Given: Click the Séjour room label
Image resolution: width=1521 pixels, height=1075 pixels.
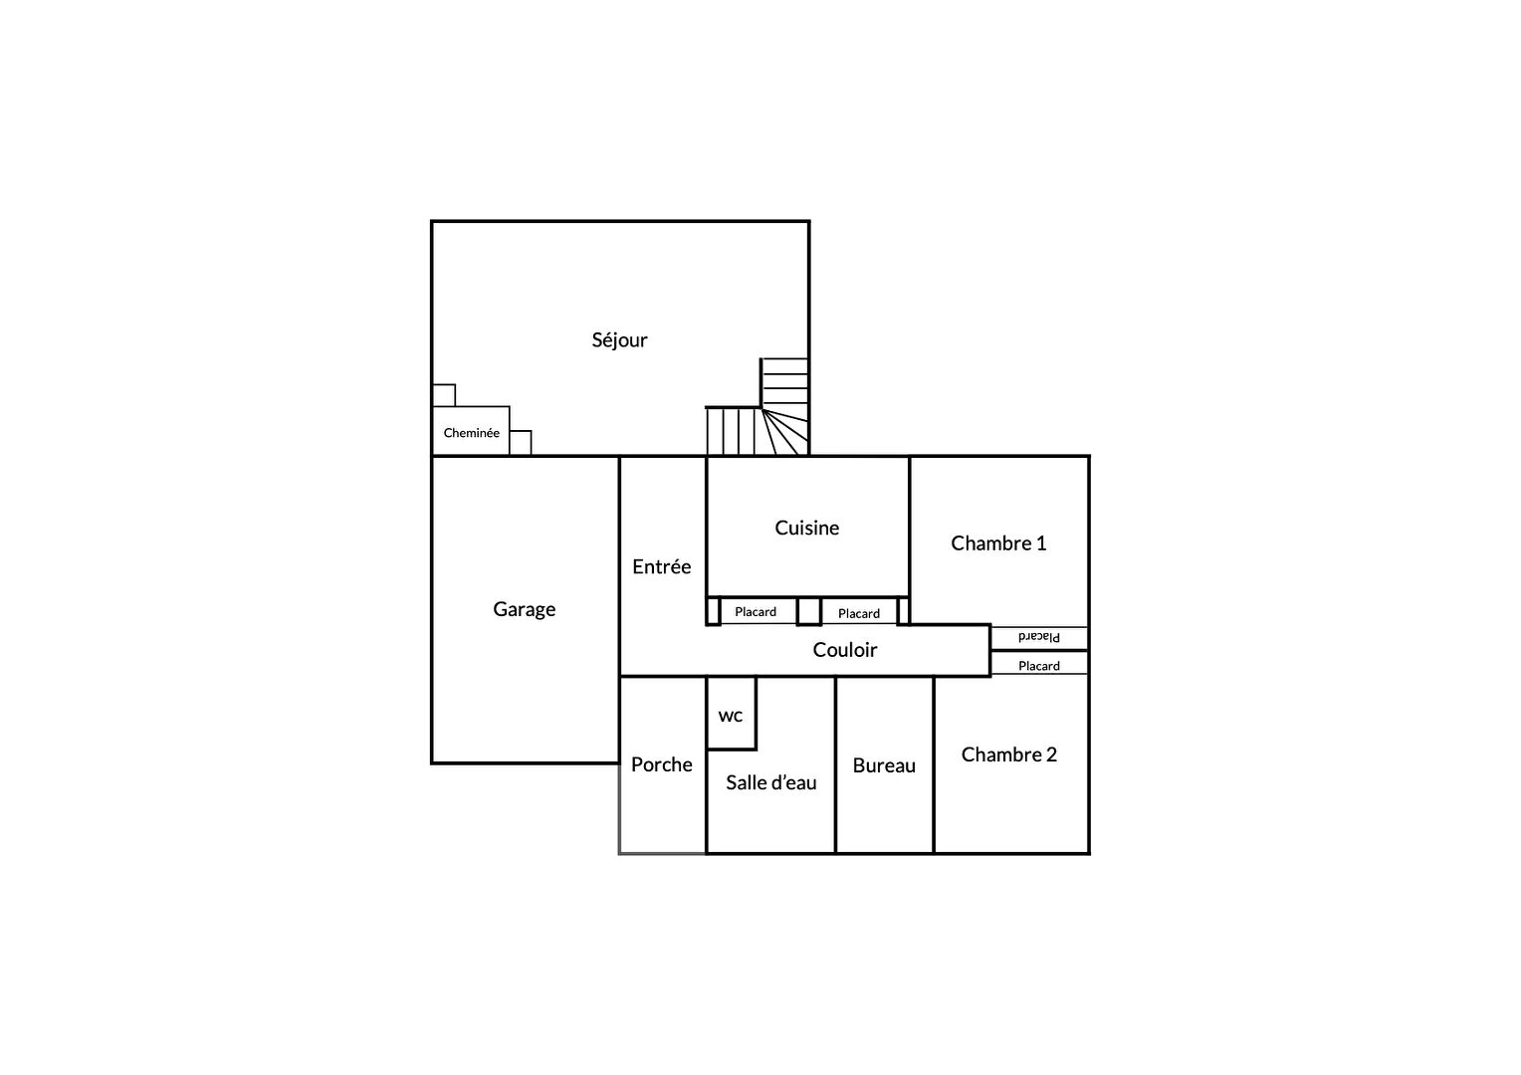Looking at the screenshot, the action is click(619, 339).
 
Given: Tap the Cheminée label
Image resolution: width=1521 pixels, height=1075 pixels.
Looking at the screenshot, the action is click(471, 433).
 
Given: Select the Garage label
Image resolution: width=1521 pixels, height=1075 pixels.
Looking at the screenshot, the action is click(525, 609).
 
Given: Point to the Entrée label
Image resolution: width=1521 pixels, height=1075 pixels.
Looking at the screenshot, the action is click(661, 566).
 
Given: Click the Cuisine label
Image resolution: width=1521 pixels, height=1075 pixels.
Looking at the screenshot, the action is click(806, 528).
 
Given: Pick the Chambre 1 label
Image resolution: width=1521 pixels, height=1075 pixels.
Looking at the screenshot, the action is click(998, 543).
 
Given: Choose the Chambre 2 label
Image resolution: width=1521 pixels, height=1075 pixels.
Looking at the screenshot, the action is click(1009, 754).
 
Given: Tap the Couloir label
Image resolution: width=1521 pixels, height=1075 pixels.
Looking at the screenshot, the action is click(845, 650).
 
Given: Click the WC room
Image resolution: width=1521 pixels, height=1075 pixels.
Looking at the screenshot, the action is click(732, 714).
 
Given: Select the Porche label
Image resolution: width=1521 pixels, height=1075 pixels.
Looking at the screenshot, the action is click(661, 764).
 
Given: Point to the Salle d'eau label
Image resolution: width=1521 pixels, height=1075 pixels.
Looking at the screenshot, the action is click(770, 782).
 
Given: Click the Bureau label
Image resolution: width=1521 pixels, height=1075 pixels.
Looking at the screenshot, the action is click(884, 765).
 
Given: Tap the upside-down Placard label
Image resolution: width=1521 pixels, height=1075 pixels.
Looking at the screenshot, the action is click(1039, 637).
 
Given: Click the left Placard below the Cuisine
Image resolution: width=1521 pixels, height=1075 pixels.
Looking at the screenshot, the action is click(756, 612).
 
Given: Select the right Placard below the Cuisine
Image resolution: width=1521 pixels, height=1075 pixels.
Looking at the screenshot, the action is click(858, 613).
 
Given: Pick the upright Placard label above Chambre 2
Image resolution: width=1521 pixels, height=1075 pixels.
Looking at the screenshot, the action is click(1039, 666).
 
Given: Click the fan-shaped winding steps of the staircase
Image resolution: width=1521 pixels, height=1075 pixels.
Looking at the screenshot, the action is click(785, 432).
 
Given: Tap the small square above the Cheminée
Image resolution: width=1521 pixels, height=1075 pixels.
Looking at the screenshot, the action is click(444, 395).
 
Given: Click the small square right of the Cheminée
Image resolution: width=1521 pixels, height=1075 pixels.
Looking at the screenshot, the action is click(521, 442).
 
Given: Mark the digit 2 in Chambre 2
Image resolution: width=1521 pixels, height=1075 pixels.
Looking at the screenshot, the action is click(1052, 754).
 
